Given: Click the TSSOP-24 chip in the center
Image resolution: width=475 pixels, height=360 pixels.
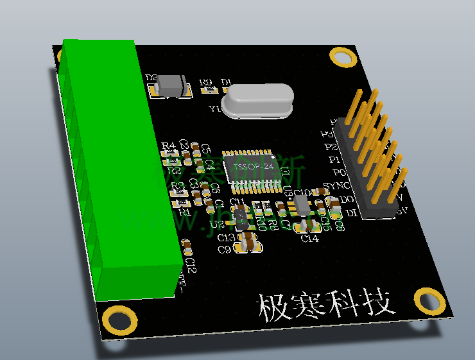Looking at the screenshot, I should [x=254, y=168].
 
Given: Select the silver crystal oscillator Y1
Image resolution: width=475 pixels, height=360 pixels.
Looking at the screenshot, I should [x=257, y=101].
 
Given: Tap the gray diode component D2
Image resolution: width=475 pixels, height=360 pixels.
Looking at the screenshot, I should [x=171, y=84].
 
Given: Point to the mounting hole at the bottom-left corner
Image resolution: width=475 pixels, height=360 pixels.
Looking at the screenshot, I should [x=119, y=320].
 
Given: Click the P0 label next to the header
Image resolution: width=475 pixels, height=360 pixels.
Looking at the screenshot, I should [x=337, y=173].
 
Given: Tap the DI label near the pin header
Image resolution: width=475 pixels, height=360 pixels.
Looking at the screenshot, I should [x=350, y=212].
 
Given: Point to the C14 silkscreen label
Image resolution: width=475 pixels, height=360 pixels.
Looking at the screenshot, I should [x=309, y=239].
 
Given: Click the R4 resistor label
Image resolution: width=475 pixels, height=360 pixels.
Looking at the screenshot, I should [x=169, y=146].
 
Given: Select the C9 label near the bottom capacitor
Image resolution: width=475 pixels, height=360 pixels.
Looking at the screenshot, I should [x=224, y=250].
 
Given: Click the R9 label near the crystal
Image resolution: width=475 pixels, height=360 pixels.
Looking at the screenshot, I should [x=205, y=82].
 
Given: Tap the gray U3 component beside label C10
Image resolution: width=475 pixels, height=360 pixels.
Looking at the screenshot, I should [x=301, y=206].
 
